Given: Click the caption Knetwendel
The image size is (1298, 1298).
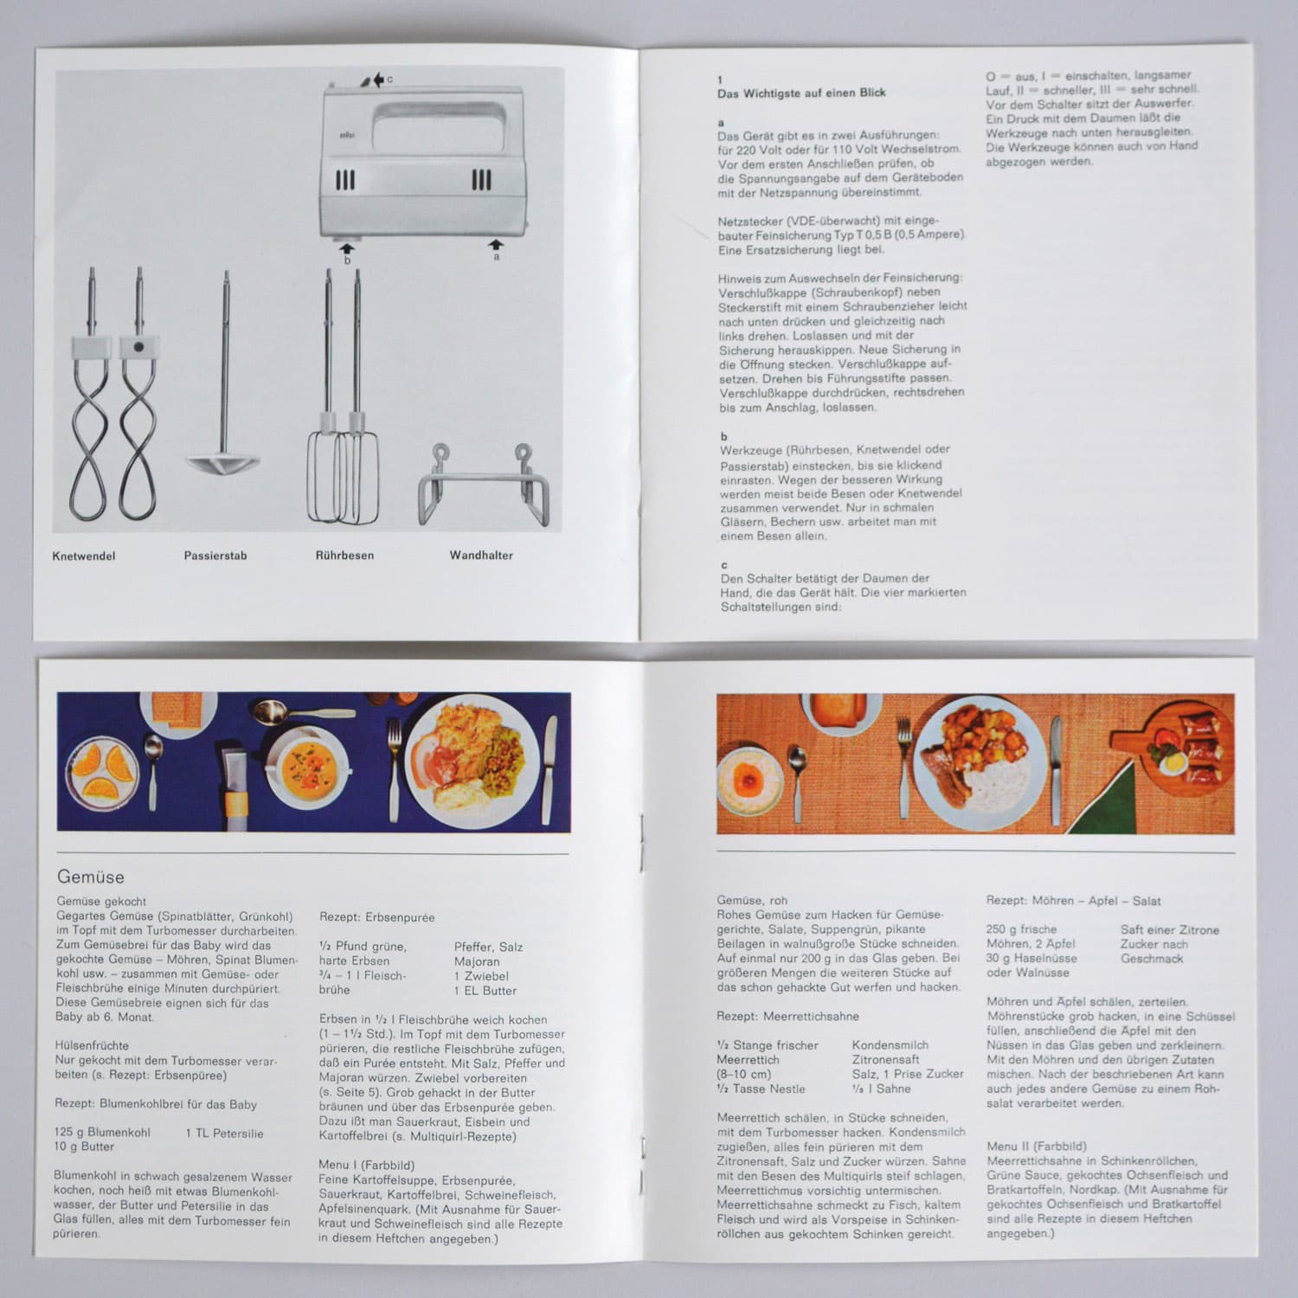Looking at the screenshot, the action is pos(84,556).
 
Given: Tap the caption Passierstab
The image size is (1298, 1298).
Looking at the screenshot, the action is pos(215,556).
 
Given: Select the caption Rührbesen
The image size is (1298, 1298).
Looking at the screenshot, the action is pos(344,556).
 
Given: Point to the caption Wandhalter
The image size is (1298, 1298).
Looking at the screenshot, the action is pos(481,556).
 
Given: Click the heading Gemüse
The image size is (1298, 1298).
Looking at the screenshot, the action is pos(91,877).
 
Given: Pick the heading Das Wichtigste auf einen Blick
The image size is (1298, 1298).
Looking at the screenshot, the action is pos(801,93).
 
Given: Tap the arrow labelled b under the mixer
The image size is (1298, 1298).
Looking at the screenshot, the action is pos(347,248).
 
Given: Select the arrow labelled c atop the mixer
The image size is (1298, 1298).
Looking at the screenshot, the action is pos(378,80).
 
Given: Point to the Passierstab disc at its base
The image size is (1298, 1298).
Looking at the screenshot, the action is pos(223,463).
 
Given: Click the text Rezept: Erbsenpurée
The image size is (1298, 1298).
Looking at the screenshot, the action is pos(377,917).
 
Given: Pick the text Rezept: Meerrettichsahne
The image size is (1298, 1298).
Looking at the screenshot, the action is pos(787,1016).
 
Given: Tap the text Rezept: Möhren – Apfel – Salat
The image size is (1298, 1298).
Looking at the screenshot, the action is pos(1073,901).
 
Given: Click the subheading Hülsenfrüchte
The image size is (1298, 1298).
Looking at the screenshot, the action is pos(92,1045).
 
